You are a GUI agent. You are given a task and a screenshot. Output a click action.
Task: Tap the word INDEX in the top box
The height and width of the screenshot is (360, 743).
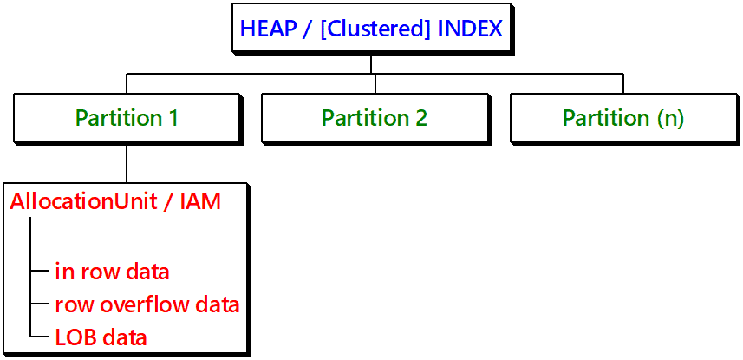[470, 29]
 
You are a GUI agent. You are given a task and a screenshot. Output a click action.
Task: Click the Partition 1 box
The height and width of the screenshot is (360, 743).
[127, 117]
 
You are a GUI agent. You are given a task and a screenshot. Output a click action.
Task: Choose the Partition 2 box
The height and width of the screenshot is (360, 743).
[375, 117]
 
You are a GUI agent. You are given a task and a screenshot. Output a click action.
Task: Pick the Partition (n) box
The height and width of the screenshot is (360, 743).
[623, 117]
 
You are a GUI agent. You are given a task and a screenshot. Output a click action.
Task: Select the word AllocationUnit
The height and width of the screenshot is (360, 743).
[81, 201]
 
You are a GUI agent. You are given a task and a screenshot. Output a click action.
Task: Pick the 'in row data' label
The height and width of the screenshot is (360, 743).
[113, 272]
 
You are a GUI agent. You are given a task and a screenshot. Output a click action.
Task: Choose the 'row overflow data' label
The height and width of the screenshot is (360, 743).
[147, 305]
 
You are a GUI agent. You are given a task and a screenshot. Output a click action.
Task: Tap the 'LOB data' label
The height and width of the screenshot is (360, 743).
[101, 338]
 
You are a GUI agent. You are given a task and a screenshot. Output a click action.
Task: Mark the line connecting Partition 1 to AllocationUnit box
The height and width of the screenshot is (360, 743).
[127, 163]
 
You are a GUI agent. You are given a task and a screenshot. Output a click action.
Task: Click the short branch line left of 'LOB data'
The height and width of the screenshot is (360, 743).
[40, 337]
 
